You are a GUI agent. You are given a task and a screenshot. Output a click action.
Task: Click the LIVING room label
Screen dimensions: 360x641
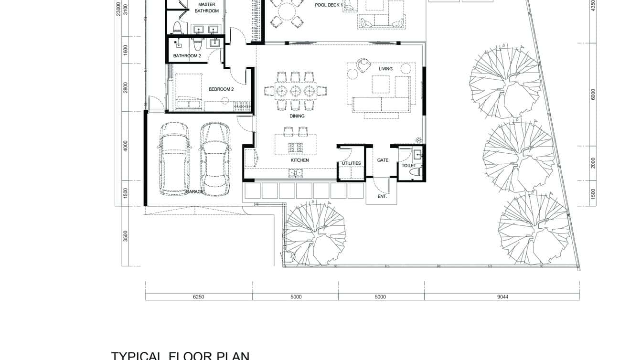click(x=385, y=69)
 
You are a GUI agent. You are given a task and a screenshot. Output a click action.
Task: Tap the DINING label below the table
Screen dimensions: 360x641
click(x=297, y=116)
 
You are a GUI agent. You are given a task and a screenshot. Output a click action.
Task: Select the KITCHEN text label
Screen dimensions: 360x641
click(x=299, y=160)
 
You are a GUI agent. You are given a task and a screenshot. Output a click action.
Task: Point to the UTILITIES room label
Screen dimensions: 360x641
click(x=351, y=163)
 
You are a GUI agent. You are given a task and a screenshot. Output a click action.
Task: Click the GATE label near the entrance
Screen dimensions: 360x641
click(x=383, y=160)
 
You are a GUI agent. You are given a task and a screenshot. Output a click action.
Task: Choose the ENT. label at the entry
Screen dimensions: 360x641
click(x=382, y=196)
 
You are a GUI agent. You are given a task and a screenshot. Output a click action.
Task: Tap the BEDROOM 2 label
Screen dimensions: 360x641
click(x=221, y=89)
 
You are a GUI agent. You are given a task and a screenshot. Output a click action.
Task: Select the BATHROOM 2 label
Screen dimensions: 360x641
click(x=187, y=56)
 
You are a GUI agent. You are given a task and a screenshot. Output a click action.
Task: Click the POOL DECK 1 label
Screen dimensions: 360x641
click(x=329, y=5)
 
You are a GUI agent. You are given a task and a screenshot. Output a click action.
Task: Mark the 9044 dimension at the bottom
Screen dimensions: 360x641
click(x=502, y=297)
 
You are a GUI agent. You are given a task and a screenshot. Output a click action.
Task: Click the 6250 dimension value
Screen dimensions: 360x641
click(x=198, y=297)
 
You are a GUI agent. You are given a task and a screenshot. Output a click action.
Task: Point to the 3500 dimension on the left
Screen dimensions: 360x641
click(x=126, y=236)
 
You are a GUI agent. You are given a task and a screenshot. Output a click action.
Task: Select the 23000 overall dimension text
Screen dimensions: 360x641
click(x=118, y=9)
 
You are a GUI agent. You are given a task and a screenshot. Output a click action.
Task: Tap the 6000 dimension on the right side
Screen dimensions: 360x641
click(x=593, y=95)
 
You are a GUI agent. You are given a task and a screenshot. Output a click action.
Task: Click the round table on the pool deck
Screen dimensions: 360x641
click(x=287, y=11)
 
